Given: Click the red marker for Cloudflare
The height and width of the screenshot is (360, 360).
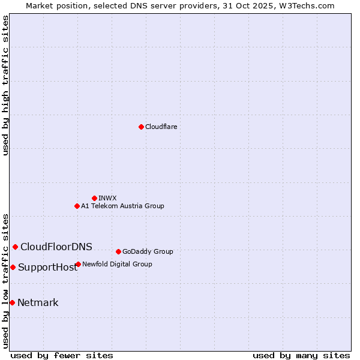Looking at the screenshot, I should tap(141, 127).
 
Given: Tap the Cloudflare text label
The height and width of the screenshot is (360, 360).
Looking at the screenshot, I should tap(161, 127).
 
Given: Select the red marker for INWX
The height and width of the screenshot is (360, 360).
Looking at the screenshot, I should tap(94, 198).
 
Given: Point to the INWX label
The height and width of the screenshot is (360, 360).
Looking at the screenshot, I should tap(107, 198).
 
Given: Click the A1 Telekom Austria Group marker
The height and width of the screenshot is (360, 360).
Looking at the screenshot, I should tap(77, 206).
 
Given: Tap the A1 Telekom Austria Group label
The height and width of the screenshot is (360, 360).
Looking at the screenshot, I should tap(122, 206).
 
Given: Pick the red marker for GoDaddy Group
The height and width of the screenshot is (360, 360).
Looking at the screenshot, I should tap(118, 251).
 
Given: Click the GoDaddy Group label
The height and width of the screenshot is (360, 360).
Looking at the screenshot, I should tap(148, 251).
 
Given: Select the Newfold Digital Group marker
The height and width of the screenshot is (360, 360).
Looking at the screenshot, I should tap(78, 264).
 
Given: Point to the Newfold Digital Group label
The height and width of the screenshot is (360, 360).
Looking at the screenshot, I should tap(117, 264).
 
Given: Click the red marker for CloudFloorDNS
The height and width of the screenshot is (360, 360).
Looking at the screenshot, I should tap(15, 247).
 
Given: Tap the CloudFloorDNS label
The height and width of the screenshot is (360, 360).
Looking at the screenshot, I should tap(56, 247).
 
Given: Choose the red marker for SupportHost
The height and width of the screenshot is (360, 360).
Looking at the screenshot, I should tap(13, 267).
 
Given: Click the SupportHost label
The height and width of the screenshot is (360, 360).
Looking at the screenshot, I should tap(47, 268).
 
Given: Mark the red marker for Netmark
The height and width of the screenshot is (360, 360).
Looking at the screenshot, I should tap(12, 302).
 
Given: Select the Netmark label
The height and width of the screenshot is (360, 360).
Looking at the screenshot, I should tap(38, 302).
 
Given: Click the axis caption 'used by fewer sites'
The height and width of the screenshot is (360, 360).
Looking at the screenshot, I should tap(62, 355).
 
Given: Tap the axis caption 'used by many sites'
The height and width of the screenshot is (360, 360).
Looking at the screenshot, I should tap(301, 355).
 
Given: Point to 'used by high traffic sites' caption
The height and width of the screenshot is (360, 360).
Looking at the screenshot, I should tap(6, 85).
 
